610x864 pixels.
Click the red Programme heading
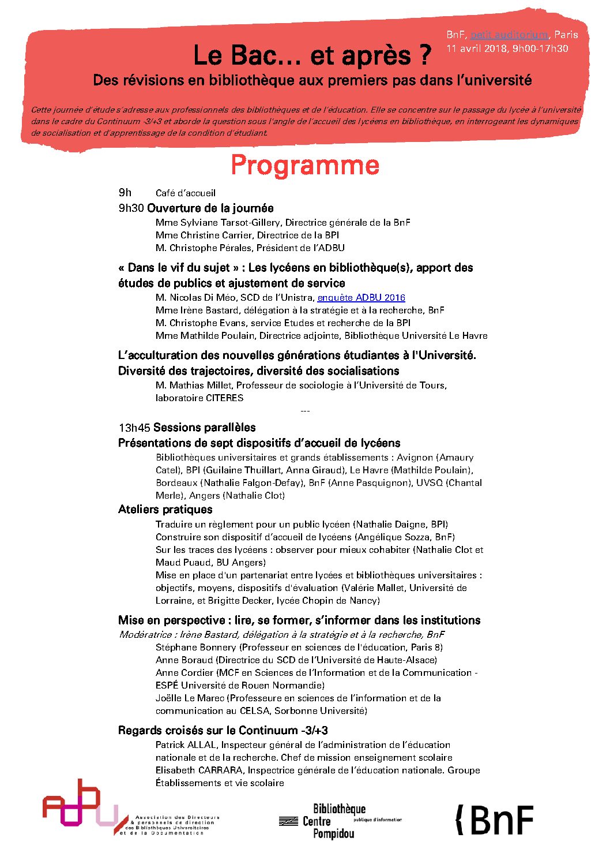305,166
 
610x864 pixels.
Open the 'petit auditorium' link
509,35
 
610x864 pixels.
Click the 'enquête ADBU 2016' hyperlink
361,298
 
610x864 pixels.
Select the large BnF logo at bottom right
495,820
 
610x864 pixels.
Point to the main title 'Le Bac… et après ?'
312,55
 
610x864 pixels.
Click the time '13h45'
134,428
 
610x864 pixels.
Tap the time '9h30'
131,208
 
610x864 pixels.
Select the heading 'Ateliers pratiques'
165,510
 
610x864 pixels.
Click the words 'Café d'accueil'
185,193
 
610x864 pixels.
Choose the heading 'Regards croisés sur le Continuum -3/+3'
223,731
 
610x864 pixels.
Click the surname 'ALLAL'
202,745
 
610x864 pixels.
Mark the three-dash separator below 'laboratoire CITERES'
305,411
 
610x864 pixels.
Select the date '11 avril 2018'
476,48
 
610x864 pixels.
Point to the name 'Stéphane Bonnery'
196,648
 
